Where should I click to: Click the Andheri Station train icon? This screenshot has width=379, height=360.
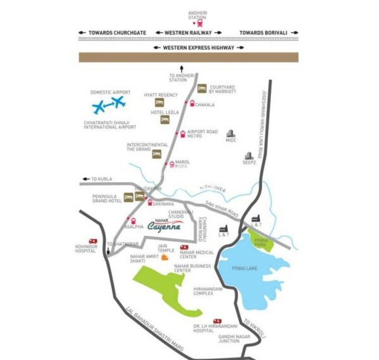coord(201,23)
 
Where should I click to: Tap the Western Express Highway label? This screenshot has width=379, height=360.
coord(198,48)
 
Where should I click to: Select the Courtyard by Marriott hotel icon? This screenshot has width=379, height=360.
coord(202,88)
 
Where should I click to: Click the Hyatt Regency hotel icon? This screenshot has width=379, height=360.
coord(160,102)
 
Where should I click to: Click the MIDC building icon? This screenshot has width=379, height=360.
coord(230,134)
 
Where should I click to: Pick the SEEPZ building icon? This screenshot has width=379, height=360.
coord(248,156)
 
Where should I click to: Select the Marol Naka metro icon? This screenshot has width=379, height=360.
coord(172,164)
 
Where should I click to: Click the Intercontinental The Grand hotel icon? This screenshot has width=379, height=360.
coord(157,154)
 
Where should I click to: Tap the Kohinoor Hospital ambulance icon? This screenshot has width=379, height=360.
coord(93,242)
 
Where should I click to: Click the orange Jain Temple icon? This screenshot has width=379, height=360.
coord(164,258)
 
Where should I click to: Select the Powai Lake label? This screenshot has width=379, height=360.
coord(244,269)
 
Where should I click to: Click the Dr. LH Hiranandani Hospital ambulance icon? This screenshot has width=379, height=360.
coord(217,321)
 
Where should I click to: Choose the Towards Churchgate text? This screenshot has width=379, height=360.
coord(116,33)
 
